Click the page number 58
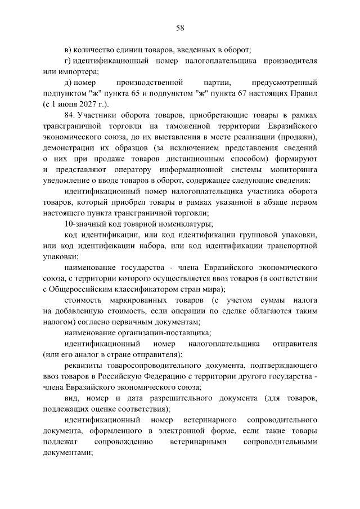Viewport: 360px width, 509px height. (180, 28)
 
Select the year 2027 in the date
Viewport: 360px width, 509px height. (86, 103)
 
